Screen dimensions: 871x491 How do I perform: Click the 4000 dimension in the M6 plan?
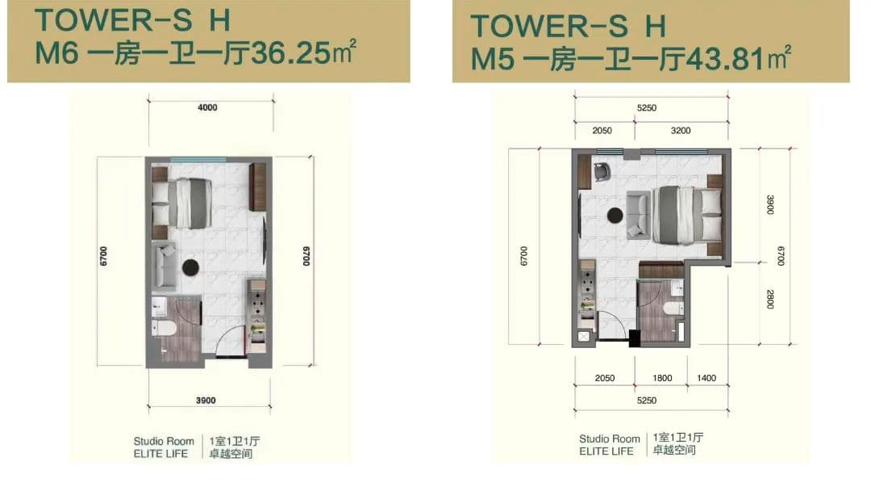click(207, 107)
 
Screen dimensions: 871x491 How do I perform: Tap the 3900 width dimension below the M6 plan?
click(206, 401)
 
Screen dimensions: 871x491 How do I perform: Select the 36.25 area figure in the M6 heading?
click(290, 54)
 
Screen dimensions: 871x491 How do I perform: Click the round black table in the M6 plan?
click(190, 267)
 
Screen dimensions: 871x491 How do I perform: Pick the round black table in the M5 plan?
click(615, 215)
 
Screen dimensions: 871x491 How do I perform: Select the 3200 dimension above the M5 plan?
click(681, 131)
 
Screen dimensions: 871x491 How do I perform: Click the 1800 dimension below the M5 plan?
click(662, 378)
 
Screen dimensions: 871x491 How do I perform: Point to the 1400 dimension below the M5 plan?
click(706, 378)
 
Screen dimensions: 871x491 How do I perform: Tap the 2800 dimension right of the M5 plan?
click(770, 299)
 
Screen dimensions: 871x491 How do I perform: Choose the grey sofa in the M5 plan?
click(638, 215)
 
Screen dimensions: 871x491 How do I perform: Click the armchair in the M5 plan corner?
click(602, 172)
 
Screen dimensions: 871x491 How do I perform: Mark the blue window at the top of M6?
click(198, 160)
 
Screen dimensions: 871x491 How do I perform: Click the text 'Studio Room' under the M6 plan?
click(164, 441)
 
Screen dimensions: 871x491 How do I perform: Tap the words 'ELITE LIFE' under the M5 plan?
click(606, 451)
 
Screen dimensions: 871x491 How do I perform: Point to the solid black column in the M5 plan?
click(635, 338)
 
